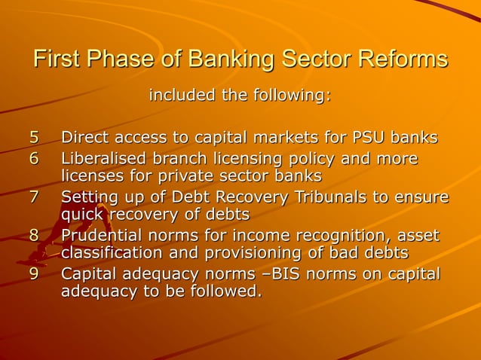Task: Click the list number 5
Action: tap(33, 139)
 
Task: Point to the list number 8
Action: tap(33, 236)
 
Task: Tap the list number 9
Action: tap(33, 274)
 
